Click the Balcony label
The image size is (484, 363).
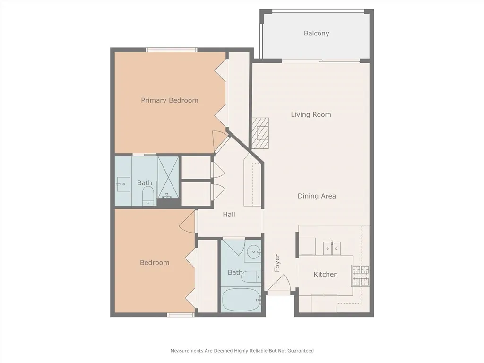tap(316, 34)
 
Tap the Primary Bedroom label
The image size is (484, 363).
tap(169, 100)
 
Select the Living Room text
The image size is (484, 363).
tap(311, 114)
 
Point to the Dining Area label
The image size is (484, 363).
tap(317, 196)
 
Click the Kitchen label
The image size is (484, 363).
tap(326, 274)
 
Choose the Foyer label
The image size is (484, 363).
tap(277, 263)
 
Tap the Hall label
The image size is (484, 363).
tap(229, 214)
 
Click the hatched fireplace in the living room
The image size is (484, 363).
tap(260, 133)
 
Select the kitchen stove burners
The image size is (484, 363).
tap(360, 276)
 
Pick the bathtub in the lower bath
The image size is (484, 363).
tap(241, 300)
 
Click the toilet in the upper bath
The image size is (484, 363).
tap(148, 195)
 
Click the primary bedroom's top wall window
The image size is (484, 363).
tap(171, 50)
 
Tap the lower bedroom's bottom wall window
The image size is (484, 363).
tap(181, 315)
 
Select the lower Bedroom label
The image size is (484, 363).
tap(155, 263)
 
